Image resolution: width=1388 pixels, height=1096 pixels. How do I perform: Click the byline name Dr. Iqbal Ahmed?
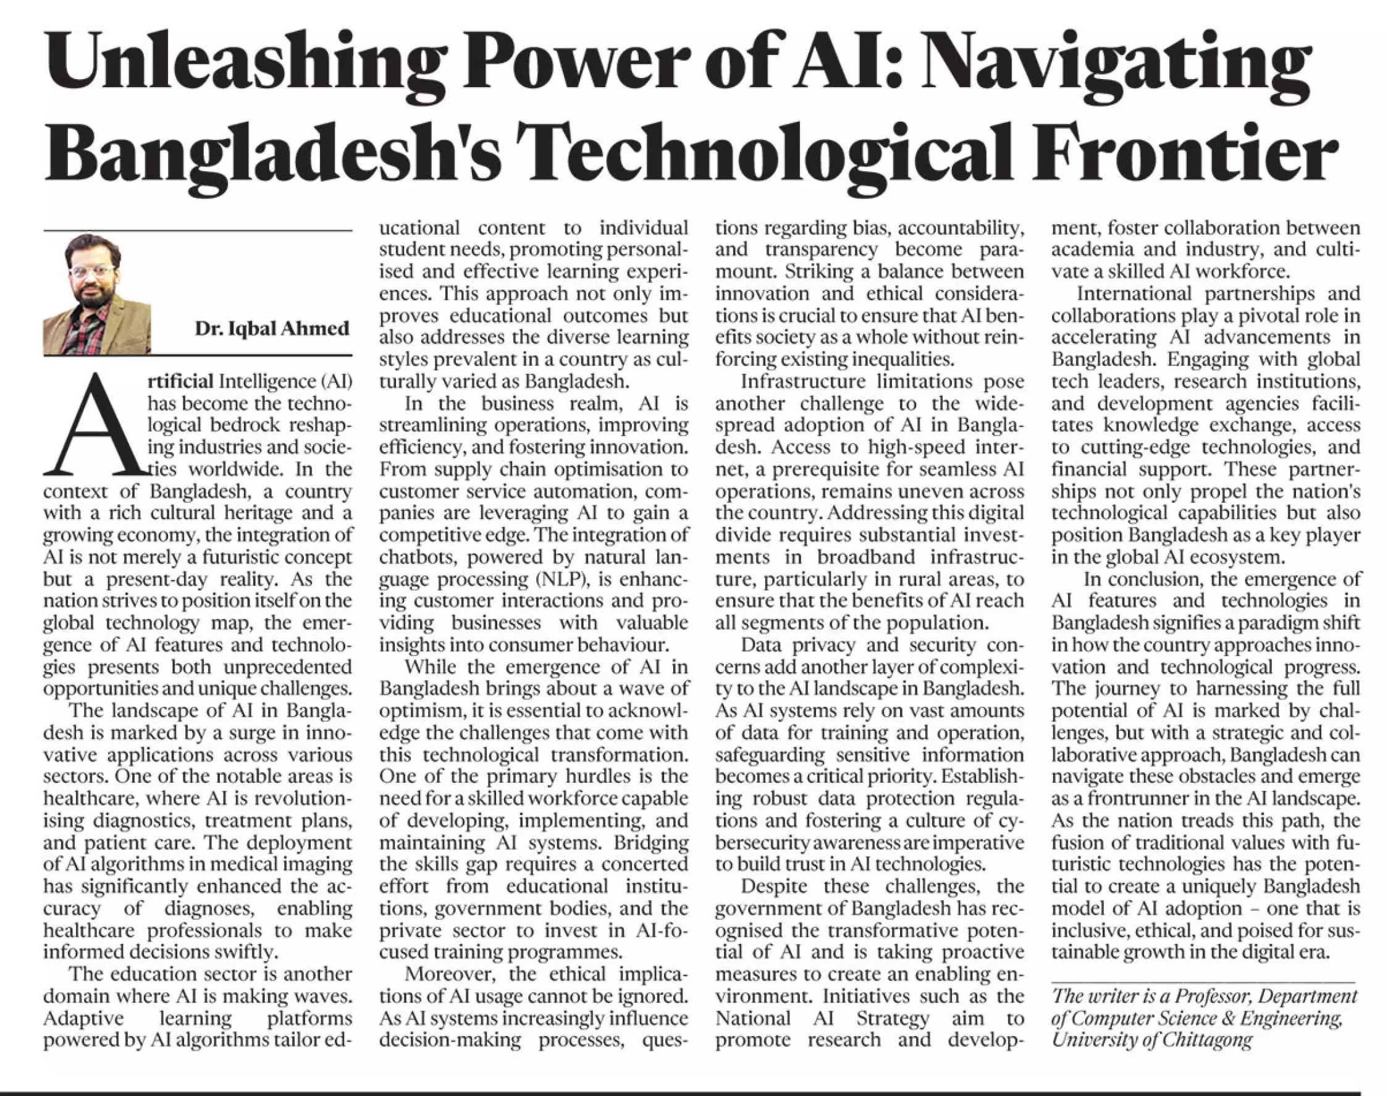coord(272,329)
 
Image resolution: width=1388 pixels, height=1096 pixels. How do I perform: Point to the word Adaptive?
coord(83,1018)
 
